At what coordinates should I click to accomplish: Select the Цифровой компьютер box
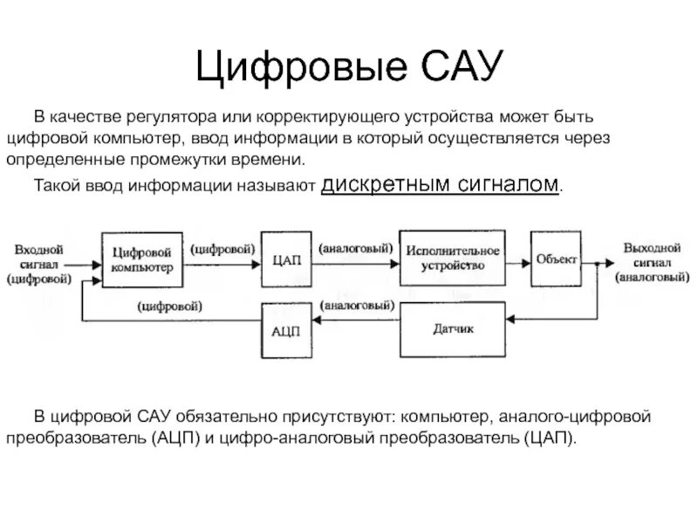click(143, 258)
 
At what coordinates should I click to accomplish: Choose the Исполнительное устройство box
click(453, 258)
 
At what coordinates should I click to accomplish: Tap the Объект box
click(556, 258)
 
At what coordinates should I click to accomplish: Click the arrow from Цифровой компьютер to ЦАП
click(223, 259)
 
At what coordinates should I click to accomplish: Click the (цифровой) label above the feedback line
click(170, 306)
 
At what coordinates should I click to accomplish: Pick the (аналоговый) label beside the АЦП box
click(354, 306)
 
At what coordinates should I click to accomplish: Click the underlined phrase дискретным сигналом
click(441, 184)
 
